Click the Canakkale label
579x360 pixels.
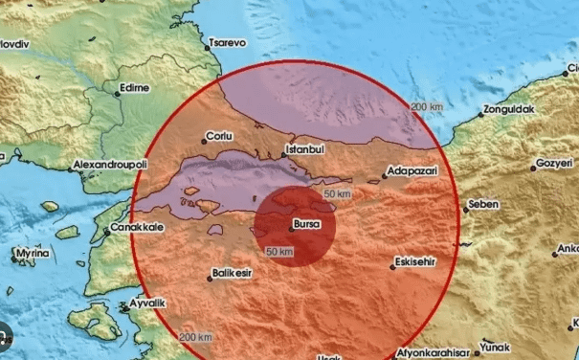[139, 228]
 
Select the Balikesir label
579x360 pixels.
[237, 279]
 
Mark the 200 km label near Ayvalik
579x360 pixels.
[195, 337]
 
